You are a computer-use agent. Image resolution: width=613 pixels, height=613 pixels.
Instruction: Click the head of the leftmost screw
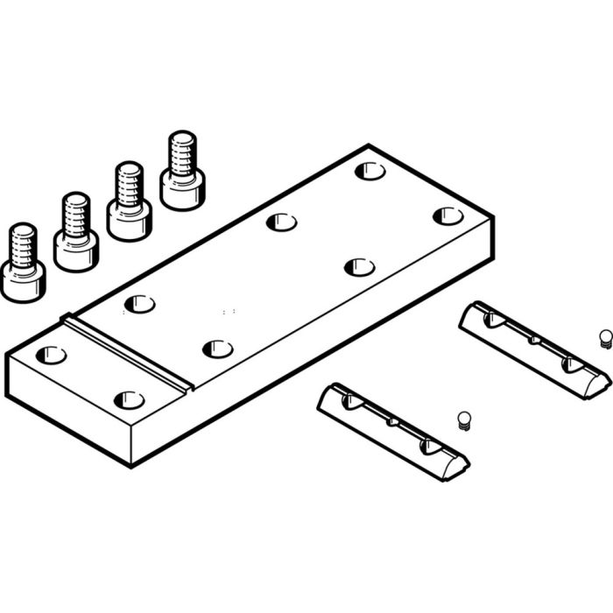[22, 280]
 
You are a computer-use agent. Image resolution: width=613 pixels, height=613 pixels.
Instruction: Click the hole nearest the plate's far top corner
[370, 171]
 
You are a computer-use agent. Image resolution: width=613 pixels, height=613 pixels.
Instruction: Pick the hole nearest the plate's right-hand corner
[447, 215]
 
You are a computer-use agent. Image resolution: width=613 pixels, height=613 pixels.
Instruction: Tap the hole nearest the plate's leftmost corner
[51, 356]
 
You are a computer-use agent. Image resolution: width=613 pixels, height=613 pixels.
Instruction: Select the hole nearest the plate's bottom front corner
[129, 400]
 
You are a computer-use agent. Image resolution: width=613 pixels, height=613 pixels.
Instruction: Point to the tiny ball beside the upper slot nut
[604, 337]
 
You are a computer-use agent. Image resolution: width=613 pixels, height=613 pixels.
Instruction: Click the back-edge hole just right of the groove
[139, 304]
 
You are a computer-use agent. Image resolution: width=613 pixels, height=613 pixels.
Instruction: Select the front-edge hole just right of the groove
[217, 349]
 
